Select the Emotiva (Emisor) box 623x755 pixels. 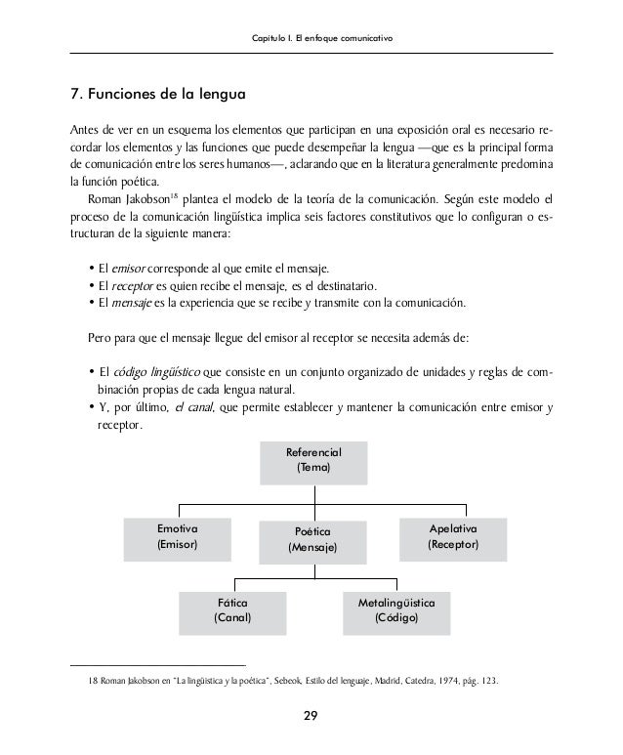(x=178, y=536)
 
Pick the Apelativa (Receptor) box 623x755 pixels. (x=453, y=536)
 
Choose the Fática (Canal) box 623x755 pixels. (x=232, y=611)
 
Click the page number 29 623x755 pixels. (x=311, y=719)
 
